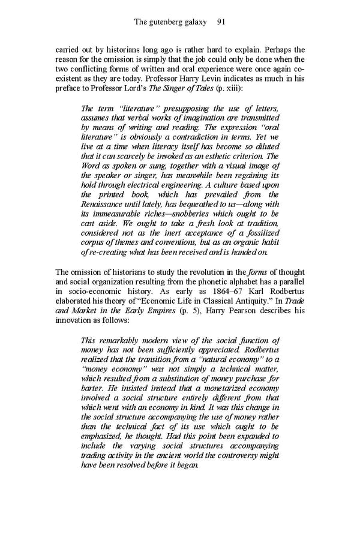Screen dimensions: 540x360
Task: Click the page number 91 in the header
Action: click(220, 22)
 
